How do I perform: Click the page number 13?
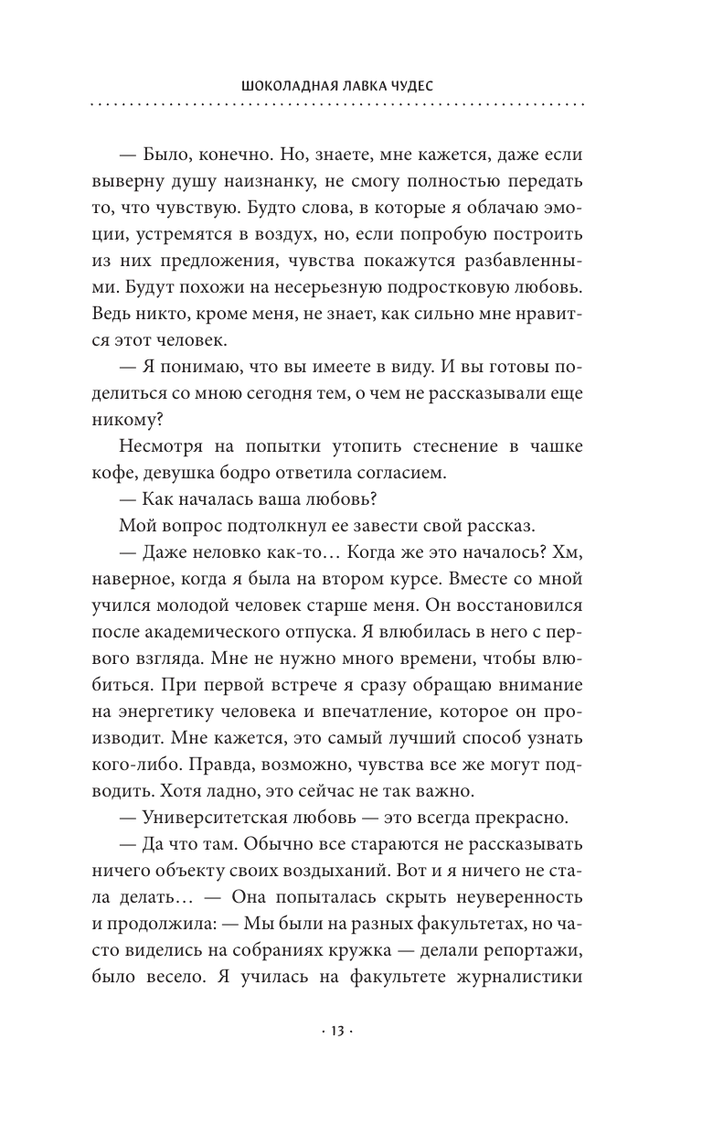point(337,1031)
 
